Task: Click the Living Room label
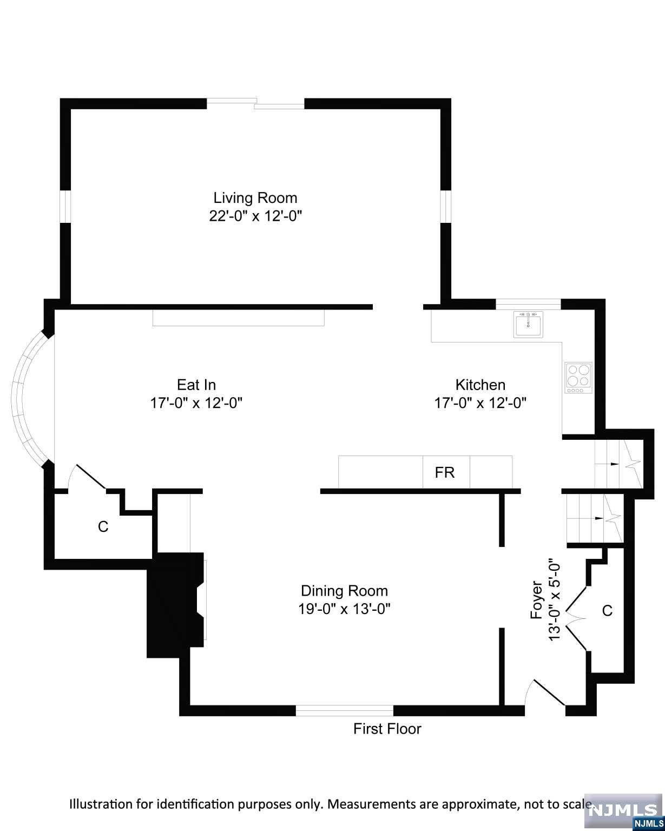[x=255, y=197]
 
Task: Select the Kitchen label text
[x=480, y=385]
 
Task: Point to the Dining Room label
[x=344, y=591]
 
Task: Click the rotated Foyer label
[x=537, y=599]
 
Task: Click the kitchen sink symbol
[x=528, y=324]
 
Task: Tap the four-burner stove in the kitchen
[x=578, y=377]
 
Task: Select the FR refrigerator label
[x=445, y=472]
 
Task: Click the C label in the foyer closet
[x=607, y=610]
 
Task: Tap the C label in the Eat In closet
[x=103, y=526]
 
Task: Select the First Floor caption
[x=387, y=729]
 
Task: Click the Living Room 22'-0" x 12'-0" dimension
[x=255, y=216]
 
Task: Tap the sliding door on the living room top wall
[x=255, y=103]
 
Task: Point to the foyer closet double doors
[x=577, y=618]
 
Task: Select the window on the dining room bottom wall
[x=344, y=710]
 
